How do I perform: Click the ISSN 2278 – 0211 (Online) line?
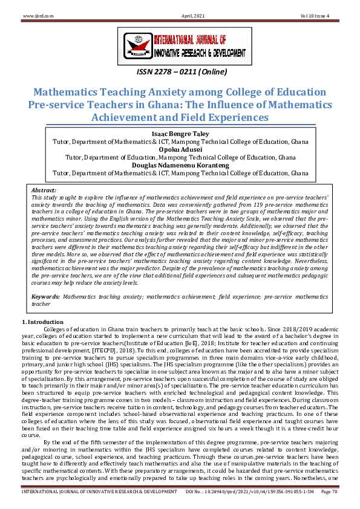tap(180, 73)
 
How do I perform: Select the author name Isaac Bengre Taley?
tap(180, 132)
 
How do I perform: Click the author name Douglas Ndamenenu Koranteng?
tap(180, 164)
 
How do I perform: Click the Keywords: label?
tap(45, 297)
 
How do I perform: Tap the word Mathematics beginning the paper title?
tap(71, 92)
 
